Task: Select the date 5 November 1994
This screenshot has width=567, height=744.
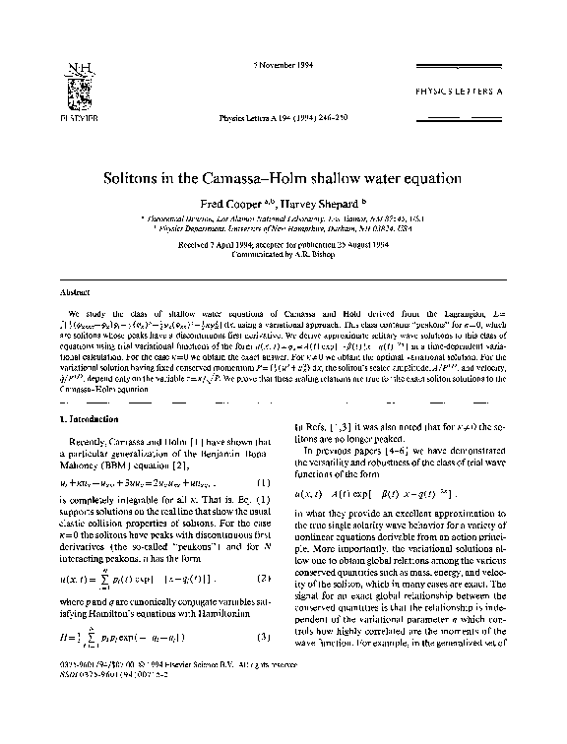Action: [282, 67]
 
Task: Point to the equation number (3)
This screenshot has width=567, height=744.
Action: [267, 666]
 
